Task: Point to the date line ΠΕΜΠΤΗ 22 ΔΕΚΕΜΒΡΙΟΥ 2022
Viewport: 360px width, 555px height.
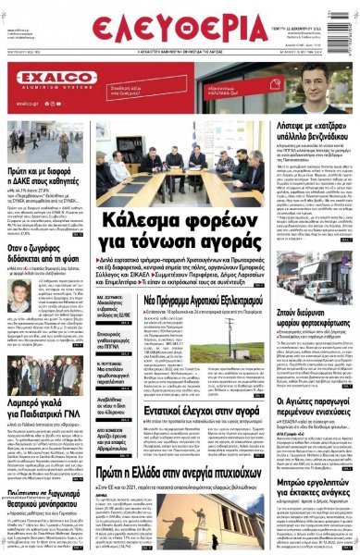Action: point(320,8)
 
